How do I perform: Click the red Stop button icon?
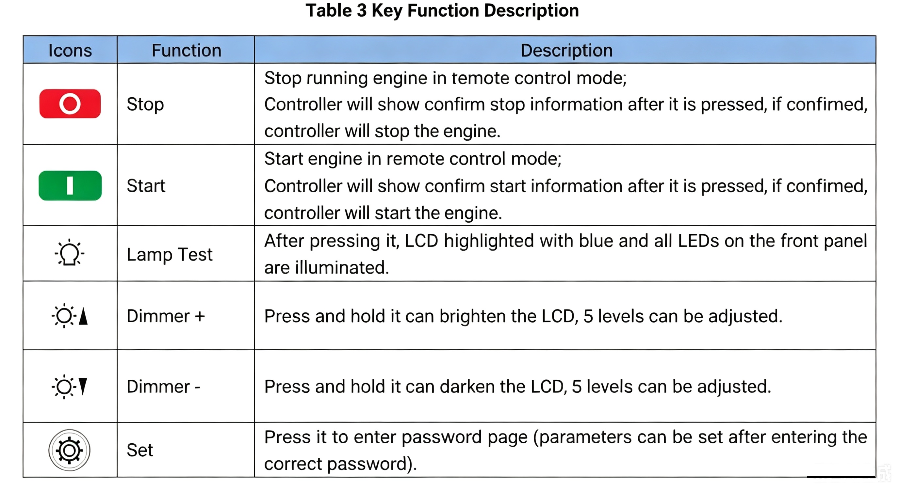(x=70, y=103)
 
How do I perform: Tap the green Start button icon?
(x=70, y=185)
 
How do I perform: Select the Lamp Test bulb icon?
(x=70, y=252)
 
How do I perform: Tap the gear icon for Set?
(x=70, y=450)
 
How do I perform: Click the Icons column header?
(x=70, y=50)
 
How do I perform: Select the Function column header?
(x=186, y=50)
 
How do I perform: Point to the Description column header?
(x=566, y=50)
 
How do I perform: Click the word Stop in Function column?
(x=145, y=104)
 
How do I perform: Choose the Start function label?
(x=146, y=185)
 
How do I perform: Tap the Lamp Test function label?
(x=170, y=254)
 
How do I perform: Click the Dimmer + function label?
(x=166, y=316)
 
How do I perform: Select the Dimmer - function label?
(x=163, y=387)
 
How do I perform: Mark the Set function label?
(x=139, y=450)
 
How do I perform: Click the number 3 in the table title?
(x=362, y=10)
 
